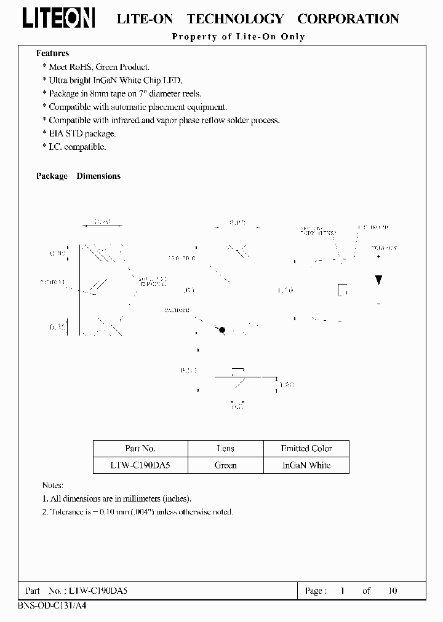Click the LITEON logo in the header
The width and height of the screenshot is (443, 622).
coord(58,18)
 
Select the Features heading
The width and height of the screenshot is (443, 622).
coord(52,53)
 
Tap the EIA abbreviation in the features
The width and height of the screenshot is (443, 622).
coord(56,134)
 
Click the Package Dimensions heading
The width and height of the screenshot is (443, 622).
coord(78,176)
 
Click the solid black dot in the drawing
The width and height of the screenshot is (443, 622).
coord(222,330)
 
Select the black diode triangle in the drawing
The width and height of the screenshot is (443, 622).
coord(378,280)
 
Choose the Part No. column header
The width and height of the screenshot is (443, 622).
coord(140,449)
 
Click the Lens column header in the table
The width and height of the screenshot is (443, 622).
coord(225,449)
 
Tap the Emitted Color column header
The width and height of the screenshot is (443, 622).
coord(306,449)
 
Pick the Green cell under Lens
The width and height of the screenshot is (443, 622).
coord(225,465)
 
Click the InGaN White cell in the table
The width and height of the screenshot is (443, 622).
coord(306,465)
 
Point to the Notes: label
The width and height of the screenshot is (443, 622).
coord(52,486)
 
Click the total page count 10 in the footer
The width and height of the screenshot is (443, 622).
coord(393,591)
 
